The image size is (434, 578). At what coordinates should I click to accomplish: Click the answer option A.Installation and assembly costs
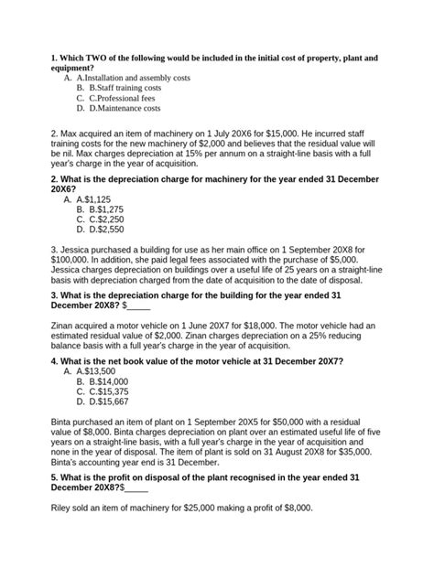pos(132,79)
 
